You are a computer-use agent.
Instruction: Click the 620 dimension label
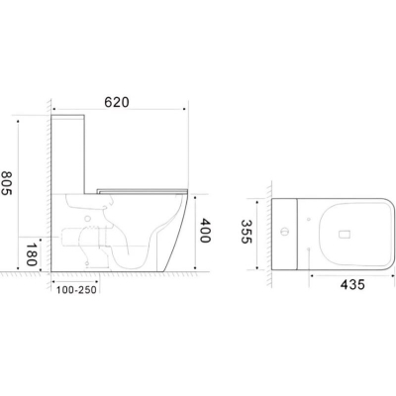[117, 103]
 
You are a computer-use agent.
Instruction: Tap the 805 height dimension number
[6, 183]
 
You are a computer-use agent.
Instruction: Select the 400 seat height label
[205, 231]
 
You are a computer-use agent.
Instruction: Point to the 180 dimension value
[32, 254]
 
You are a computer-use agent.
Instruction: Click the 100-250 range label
[76, 290]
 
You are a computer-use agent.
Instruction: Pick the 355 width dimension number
[247, 232]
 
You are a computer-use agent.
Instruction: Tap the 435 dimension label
[352, 284]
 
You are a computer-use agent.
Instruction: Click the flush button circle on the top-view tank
[284, 232]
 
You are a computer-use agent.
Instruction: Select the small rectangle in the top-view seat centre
[344, 235]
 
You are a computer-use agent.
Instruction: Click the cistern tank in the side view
[68, 154]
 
